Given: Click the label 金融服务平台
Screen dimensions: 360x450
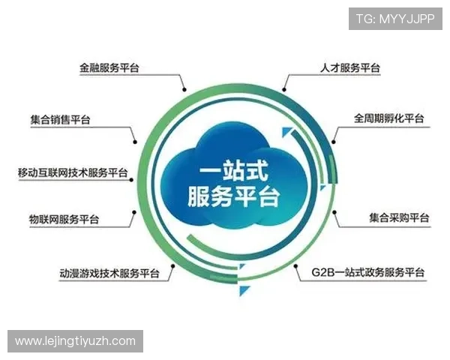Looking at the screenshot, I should point(109,67).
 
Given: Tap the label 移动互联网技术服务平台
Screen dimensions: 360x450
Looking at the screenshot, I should point(73,172).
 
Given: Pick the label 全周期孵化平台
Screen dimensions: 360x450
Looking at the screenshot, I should point(389,118).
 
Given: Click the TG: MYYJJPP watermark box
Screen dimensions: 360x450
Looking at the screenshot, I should point(395,19).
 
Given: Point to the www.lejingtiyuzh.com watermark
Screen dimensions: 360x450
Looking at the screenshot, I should point(75,341).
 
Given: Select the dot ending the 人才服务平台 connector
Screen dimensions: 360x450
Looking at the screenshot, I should point(282,89).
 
